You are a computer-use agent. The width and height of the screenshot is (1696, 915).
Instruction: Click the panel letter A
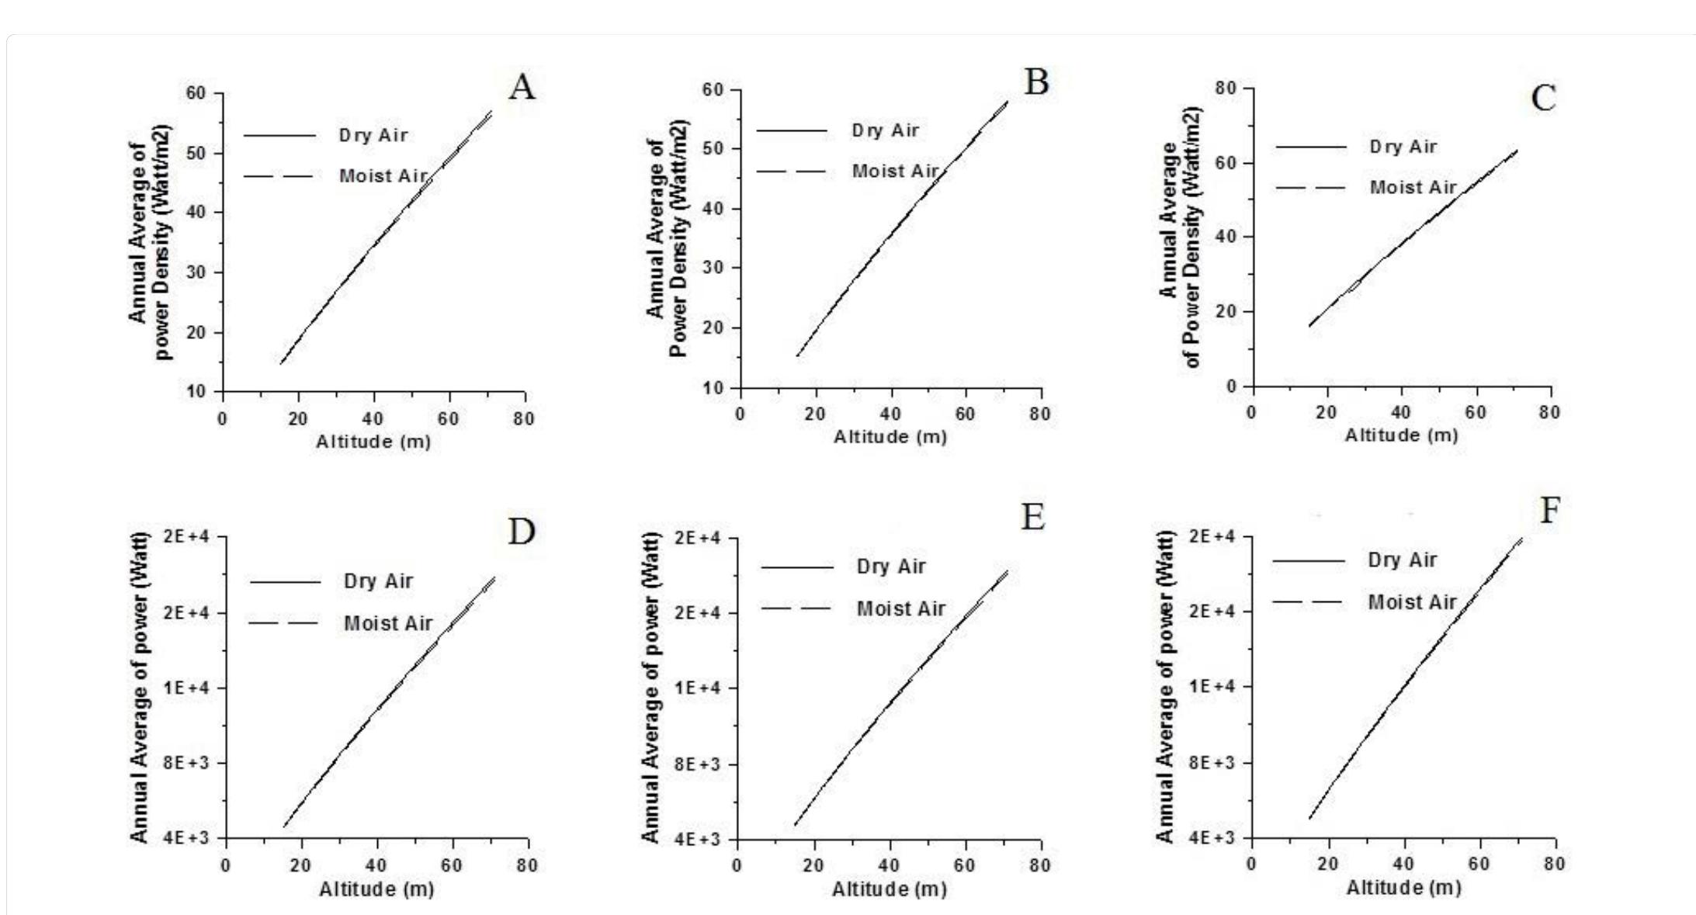(522, 88)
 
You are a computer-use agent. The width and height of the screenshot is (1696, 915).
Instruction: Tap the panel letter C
(1543, 99)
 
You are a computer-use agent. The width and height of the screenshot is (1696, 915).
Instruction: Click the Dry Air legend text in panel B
(885, 130)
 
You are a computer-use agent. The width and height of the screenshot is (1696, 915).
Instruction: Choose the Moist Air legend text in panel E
(900, 608)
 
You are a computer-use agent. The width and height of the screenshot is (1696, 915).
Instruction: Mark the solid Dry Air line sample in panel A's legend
(279, 136)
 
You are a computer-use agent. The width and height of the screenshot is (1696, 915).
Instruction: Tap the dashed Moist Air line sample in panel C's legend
(1311, 188)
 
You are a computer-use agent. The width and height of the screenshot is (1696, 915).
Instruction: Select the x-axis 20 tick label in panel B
(815, 414)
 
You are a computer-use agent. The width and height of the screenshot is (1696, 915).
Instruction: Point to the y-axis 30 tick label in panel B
(713, 268)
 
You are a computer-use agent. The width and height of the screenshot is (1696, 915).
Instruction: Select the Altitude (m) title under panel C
(1401, 435)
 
